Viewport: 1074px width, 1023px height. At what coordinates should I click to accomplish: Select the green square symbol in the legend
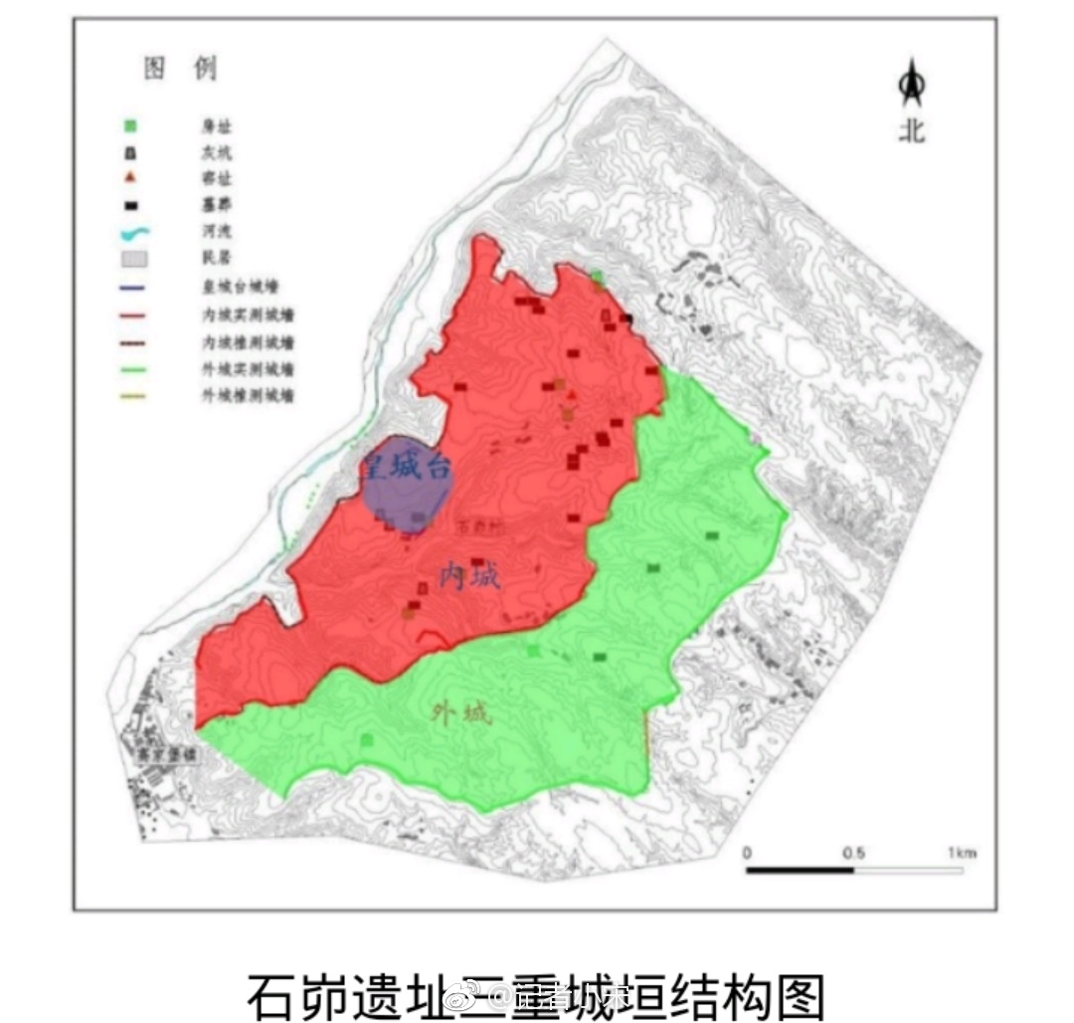(x=129, y=125)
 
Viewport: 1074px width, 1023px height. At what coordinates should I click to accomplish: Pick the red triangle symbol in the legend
(x=129, y=178)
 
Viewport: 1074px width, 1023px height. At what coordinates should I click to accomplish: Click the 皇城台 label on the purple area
(x=407, y=466)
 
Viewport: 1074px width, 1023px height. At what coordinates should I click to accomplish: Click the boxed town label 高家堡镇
(x=167, y=756)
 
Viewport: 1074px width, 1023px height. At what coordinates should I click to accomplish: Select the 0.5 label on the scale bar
(x=853, y=853)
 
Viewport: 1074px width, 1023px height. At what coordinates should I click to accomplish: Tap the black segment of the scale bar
(x=800, y=870)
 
